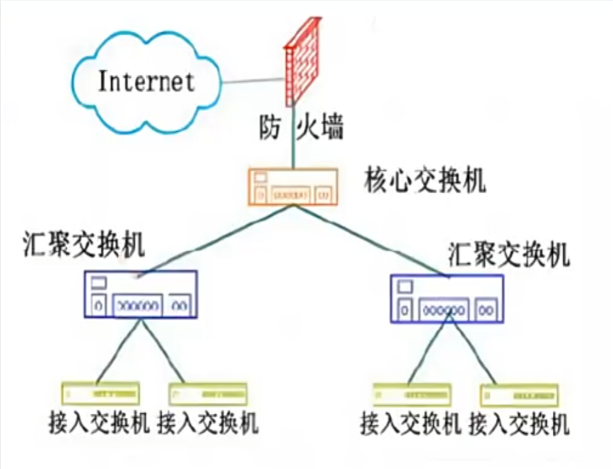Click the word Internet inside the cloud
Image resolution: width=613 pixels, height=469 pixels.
click(x=146, y=81)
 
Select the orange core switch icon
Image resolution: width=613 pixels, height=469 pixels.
click(x=292, y=187)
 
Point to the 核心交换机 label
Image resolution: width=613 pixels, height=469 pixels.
click(x=425, y=180)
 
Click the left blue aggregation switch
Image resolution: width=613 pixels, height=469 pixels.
click(x=140, y=294)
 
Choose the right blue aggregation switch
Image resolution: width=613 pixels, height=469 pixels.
click(x=446, y=298)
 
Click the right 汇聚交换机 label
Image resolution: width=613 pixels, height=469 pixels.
click(x=509, y=255)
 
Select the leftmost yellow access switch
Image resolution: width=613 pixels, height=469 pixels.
click(x=100, y=394)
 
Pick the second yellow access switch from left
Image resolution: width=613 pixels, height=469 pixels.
click(x=208, y=394)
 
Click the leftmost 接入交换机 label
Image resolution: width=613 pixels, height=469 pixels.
click(x=99, y=422)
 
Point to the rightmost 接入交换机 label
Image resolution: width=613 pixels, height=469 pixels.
click(x=519, y=423)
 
